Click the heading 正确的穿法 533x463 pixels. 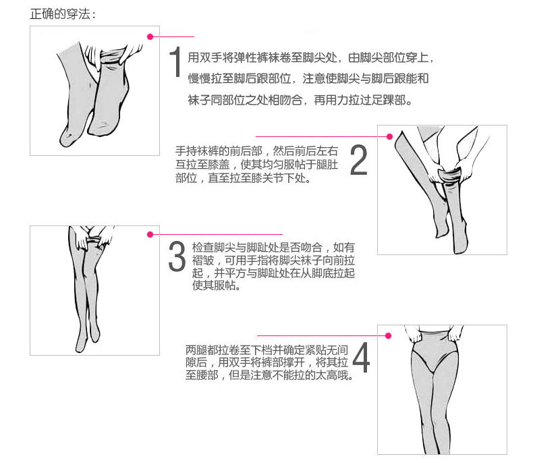(x=63, y=14)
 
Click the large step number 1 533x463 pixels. (x=175, y=62)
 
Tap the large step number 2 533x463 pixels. (x=359, y=160)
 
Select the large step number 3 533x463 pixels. (x=177, y=256)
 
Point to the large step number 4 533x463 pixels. (x=362, y=357)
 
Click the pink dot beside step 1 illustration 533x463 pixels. (x=150, y=36)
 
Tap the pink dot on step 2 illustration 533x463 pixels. (x=390, y=136)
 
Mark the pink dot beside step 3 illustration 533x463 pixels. (x=150, y=235)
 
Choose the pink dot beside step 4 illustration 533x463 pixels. (x=388, y=336)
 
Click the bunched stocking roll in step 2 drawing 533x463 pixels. (x=449, y=175)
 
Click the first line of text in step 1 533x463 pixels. (x=310, y=58)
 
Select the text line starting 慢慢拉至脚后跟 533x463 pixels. (x=308, y=78)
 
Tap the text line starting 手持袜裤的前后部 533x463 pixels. (x=256, y=151)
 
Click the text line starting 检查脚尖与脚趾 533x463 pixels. (x=273, y=247)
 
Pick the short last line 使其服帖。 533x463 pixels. (x=216, y=285)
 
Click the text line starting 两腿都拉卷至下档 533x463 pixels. (x=267, y=350)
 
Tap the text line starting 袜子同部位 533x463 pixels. (x=300, y=100)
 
